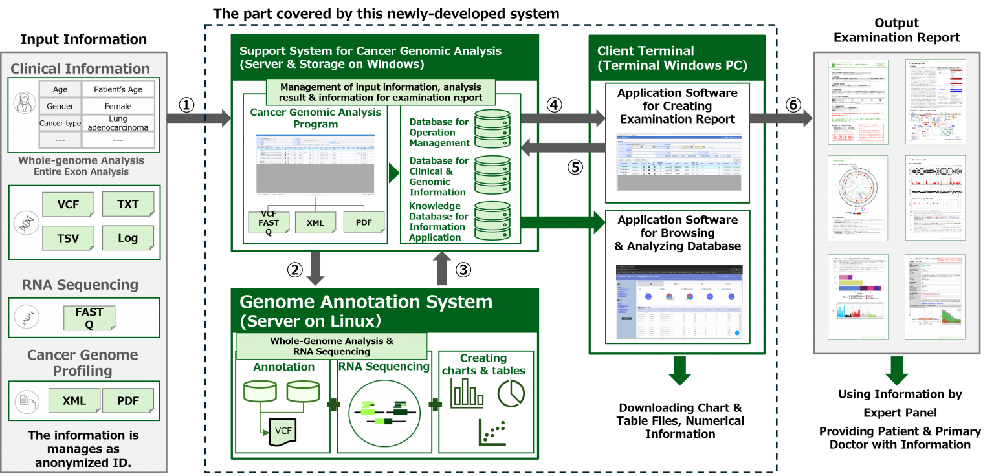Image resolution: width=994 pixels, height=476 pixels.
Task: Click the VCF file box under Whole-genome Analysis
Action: (68, 204)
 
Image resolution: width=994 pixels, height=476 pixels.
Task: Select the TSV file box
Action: (68, 238)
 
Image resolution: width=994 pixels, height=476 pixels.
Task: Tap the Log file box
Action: (127, 238)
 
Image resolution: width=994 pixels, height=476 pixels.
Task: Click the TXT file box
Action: (127, 204)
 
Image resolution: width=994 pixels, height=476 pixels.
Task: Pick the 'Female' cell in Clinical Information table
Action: (118, 106)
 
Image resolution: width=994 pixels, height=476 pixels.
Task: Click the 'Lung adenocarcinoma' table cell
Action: (118, 123)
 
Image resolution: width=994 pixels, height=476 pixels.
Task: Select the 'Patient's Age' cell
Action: (118, 89)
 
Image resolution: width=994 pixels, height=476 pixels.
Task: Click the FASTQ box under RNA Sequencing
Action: (89, 318)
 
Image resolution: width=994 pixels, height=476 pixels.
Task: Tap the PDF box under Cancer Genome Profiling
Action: (128, 401)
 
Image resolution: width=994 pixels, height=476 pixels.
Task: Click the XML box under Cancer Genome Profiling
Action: (74, 401)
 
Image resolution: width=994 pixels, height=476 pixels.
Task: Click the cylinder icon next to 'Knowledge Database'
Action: (492, 221)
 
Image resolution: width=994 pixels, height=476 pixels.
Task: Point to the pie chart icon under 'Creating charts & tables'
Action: (511, 393)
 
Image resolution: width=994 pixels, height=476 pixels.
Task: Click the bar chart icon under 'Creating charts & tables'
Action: (467, 392)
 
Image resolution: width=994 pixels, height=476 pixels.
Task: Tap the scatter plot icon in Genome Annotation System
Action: (492, 432)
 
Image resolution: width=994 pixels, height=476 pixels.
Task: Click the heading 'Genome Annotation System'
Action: (366, 302)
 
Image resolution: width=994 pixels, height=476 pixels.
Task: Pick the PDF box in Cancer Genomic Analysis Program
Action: (364, 222)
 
